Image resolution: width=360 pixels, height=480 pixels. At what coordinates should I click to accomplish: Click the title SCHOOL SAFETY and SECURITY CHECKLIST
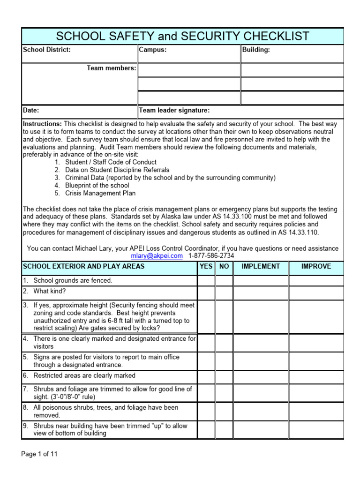point(183,36)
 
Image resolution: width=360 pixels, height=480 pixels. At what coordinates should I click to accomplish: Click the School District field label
point(47,50)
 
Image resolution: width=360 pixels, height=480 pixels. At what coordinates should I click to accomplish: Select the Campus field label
point(153,50)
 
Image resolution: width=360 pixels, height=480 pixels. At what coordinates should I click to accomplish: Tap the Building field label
point(256,50)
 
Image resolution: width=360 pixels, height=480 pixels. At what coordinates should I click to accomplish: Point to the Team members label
point(112,68)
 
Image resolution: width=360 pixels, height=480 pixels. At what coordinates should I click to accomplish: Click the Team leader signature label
point(174,111)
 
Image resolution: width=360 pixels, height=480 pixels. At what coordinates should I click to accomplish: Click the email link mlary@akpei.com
point(157,255)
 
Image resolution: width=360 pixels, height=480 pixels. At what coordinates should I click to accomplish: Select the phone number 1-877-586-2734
point(211,255)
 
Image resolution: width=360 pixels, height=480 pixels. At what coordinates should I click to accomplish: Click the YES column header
point(206,266)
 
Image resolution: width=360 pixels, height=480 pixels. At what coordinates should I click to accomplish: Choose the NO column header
point(225,266)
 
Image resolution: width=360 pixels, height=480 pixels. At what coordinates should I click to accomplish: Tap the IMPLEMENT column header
point(261,266)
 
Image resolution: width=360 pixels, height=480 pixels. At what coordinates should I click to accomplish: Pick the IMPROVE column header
point(316,266)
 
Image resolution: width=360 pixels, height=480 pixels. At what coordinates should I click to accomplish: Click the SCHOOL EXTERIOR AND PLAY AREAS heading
point(84,266)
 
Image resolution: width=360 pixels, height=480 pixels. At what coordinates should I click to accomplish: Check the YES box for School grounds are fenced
point(206,280)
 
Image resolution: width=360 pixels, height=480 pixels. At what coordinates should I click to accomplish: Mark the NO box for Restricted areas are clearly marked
point(225,375)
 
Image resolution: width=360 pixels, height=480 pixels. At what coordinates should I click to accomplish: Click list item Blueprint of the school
point(97,185)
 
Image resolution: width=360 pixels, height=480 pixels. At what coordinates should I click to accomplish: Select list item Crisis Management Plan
point(100,193)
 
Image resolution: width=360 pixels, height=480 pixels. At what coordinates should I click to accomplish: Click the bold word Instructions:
point(42,124)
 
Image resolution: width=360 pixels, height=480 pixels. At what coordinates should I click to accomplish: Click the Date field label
point(31,111)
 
